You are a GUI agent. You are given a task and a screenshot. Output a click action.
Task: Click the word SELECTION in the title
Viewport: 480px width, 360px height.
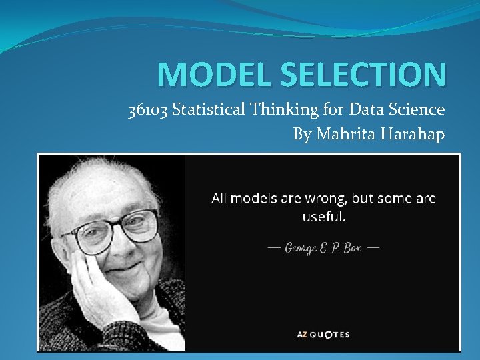tap(360, 75)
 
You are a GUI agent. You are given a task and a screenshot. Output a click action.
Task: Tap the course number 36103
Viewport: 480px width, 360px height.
tap(147, 109)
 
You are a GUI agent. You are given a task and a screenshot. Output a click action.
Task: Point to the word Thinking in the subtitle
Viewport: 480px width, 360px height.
tap(277, 109)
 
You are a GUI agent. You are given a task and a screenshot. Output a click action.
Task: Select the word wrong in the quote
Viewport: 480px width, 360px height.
tap(326, 199)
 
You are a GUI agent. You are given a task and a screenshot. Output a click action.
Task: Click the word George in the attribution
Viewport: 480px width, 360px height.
tap(304, 247)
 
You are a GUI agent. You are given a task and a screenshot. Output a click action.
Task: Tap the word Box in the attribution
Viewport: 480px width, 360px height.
tap(351, 247)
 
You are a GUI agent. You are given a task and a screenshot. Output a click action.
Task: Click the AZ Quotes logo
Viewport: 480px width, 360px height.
tap(323, 335)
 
